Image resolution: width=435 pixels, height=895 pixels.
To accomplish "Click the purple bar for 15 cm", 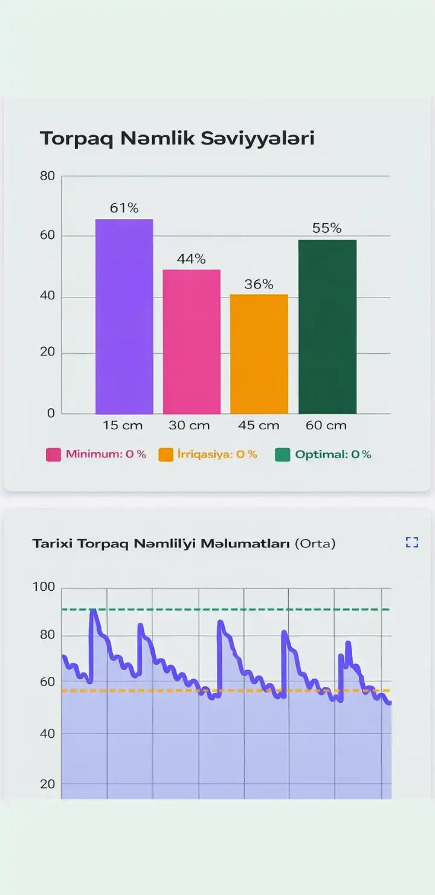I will point(124,316).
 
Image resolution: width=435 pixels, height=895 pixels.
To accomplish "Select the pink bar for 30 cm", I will point(191,342).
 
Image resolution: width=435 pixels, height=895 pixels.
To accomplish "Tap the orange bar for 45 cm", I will point(259,354).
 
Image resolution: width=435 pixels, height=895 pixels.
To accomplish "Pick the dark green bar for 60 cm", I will point(327,327).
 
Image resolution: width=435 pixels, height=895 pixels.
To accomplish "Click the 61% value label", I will point(124,208).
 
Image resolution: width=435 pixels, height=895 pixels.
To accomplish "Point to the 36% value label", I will point(259,284).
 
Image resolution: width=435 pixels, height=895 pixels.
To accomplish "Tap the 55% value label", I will point(327,228).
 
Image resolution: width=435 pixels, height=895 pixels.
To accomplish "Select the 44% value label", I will point(191,259).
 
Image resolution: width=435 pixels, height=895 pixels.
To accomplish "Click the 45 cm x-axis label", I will point(259,425).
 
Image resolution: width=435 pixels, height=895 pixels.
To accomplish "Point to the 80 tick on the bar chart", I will point(48,176).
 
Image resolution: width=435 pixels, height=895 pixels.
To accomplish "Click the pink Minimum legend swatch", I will point(54,455).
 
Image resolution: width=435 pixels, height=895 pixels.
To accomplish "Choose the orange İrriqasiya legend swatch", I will point(166,455).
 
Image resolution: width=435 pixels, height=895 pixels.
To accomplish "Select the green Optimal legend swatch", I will point(283,455).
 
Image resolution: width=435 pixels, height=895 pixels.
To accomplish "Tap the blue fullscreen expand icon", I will point(412,542).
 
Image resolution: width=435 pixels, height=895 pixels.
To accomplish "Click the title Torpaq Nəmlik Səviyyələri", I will point(177,138).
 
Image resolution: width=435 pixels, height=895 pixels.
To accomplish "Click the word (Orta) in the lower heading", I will point(315,544).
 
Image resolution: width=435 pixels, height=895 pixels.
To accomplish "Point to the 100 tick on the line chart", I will point(43,587).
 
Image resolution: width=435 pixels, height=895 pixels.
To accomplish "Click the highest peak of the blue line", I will point(93,611).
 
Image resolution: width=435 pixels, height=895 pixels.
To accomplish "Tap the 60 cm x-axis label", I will point(326,425).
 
